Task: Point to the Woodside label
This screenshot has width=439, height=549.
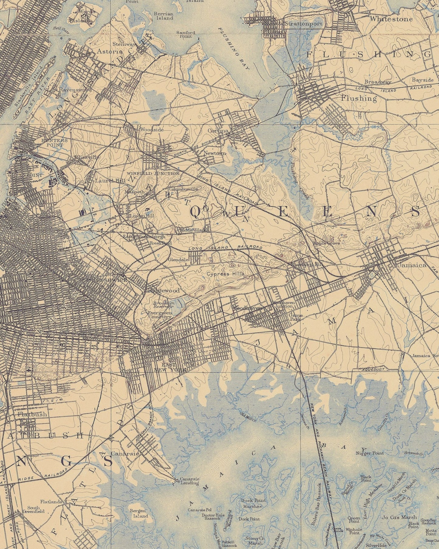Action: point(152,130)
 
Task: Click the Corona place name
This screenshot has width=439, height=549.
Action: point(218,131)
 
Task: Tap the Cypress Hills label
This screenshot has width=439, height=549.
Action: point(225,274)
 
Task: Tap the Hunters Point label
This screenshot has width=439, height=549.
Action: point(55,143)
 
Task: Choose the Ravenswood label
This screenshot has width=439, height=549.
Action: point(75,90)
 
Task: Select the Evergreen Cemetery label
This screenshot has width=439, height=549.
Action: point(159,314)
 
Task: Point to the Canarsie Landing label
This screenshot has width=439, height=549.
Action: point(190,480)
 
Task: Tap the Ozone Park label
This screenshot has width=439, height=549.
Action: point(296,317)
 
